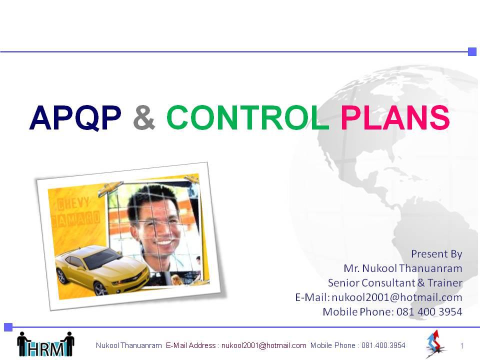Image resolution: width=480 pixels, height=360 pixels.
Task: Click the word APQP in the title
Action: pos(75,118)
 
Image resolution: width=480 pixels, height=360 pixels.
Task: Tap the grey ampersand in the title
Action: pos(144,117)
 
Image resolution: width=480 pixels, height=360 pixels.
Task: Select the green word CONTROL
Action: pos(247,117)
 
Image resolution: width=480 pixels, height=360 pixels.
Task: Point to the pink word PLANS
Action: pos(395,117)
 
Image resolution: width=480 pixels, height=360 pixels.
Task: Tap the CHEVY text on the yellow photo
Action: pos(73,203)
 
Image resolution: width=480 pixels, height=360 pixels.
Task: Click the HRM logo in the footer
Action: pos(45,344)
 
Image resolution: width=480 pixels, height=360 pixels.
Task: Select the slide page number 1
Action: pos(461,346)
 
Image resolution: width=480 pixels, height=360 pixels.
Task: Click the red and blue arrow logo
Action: pos(434,343)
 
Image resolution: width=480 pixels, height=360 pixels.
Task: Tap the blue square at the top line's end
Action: pos(472,51)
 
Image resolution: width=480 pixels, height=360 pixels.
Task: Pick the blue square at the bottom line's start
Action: pos(8,327)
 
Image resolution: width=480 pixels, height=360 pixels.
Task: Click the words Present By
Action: pos(436,254)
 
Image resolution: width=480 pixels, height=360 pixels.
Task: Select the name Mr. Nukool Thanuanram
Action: pos(403,268)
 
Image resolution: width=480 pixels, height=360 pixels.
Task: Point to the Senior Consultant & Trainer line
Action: pos(395,282)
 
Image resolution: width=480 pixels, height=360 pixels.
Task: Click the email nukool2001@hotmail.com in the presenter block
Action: pos(396,297)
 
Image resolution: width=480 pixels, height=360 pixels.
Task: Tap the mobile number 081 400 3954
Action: pos(429,311)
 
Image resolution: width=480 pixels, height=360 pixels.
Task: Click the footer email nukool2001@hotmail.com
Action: pos(264,345)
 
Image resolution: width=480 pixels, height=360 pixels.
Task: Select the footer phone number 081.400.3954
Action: pos(383,345)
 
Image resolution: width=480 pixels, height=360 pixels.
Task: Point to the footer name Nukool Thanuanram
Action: pos(128,345)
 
